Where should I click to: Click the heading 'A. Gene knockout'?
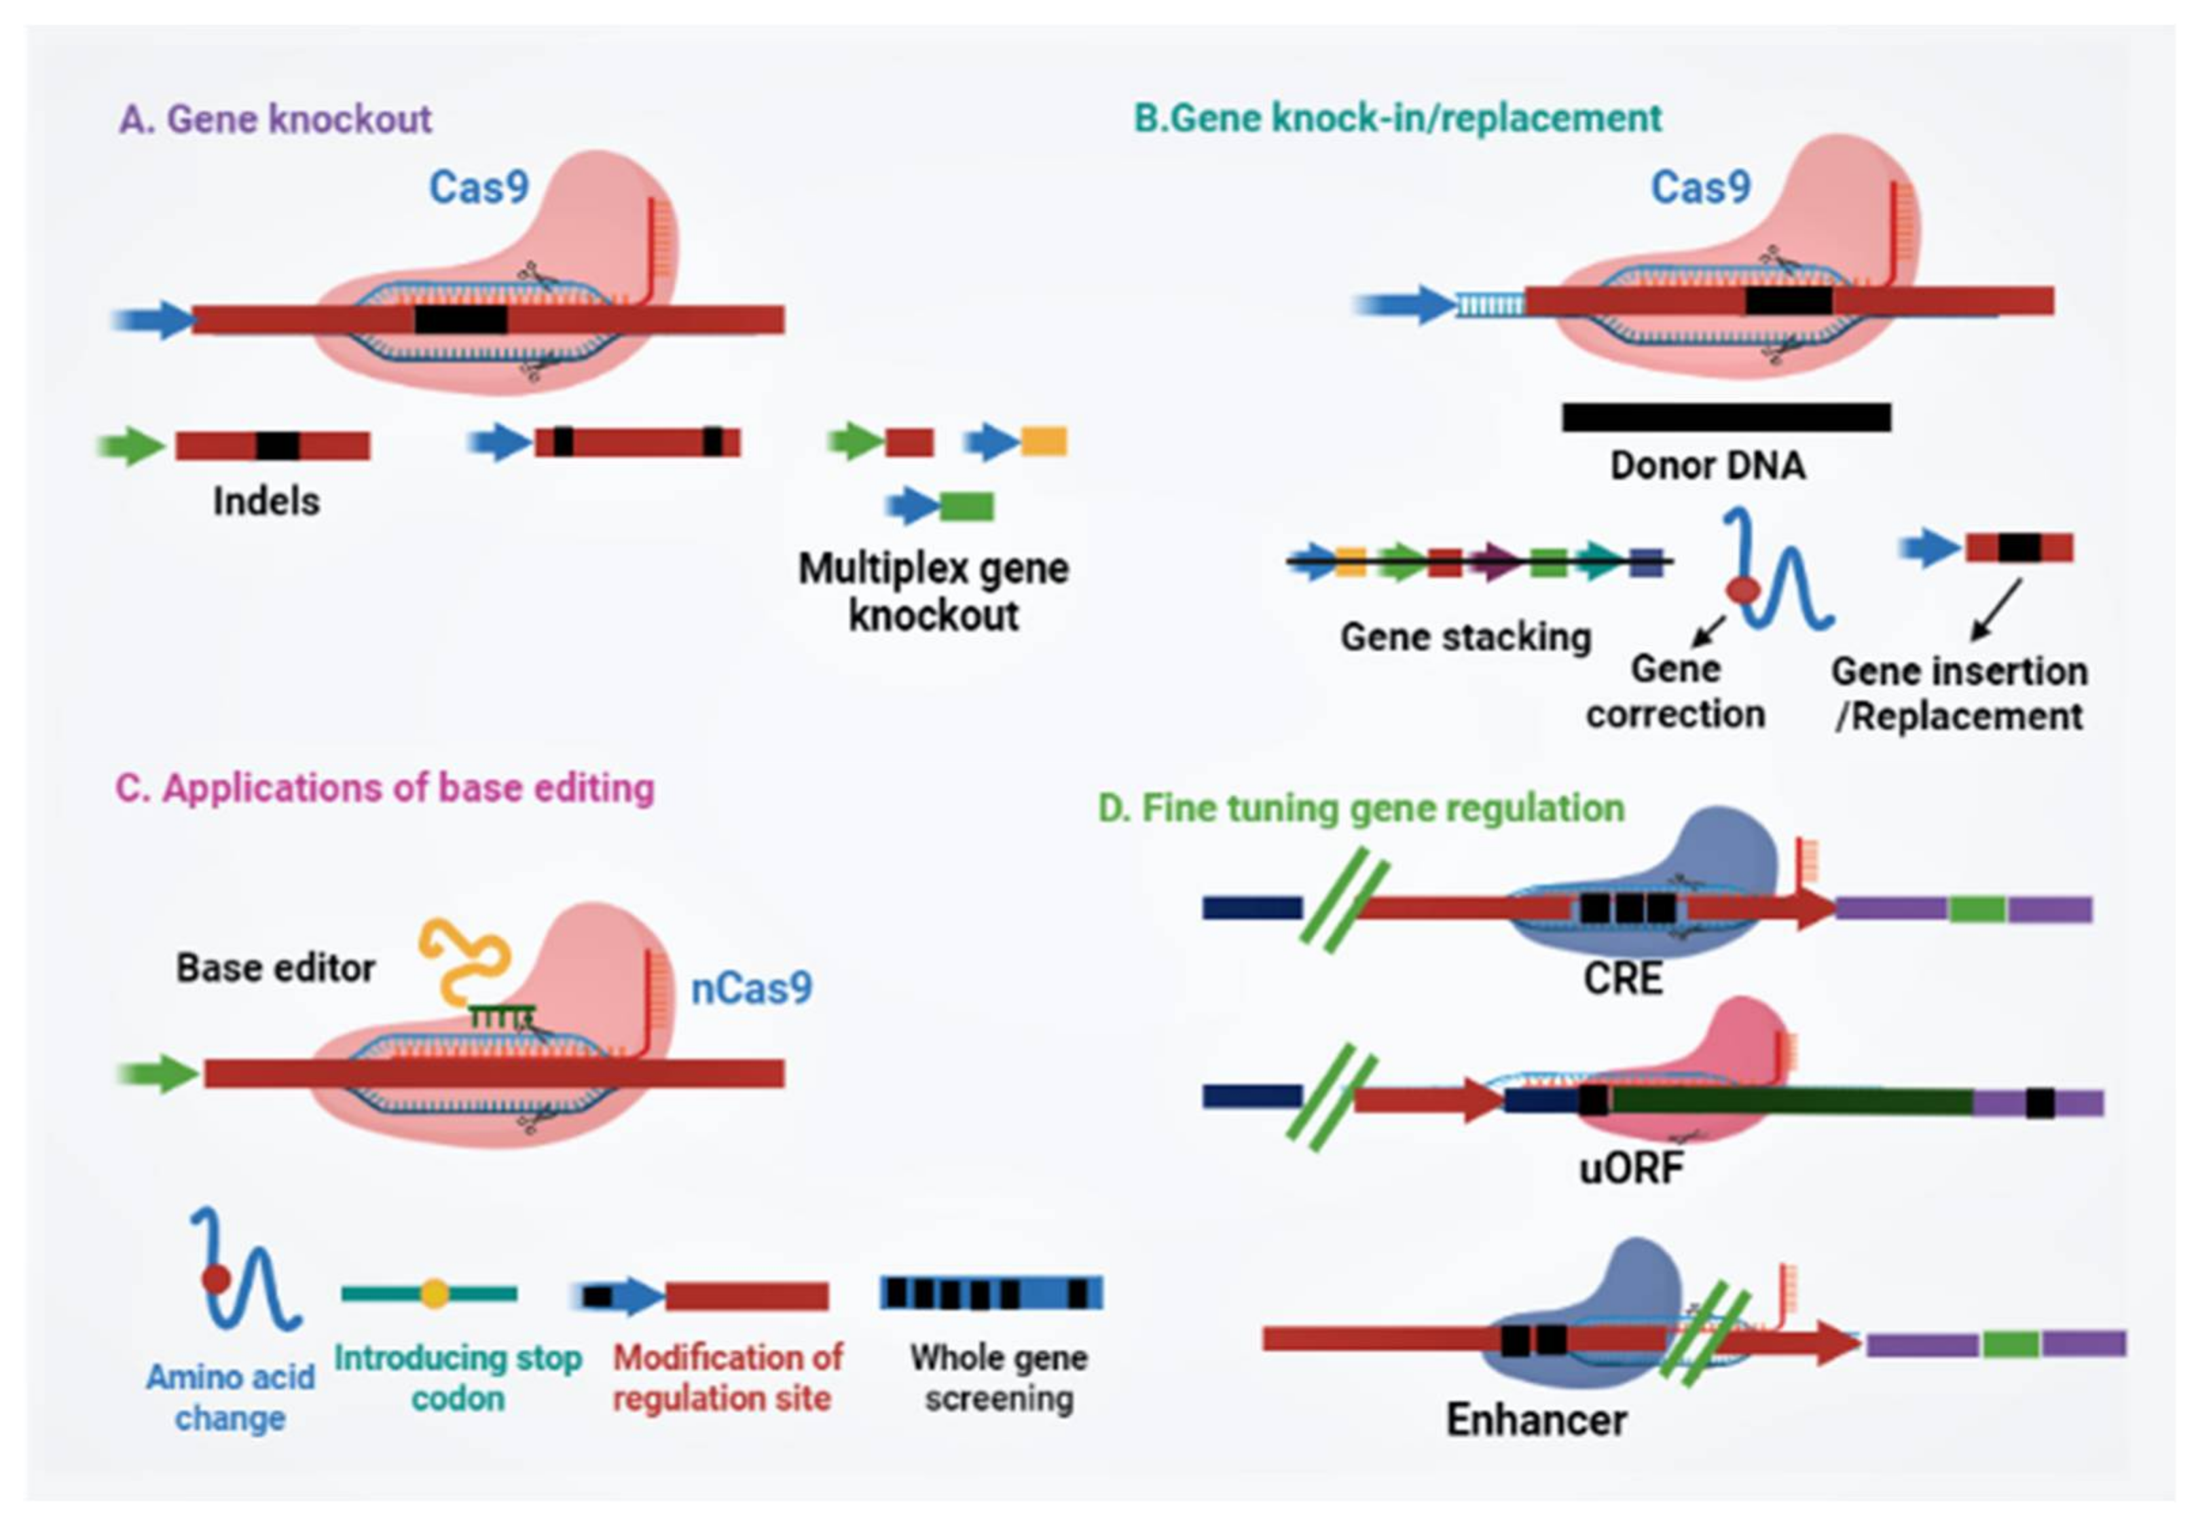pyautogui.click(x=276, y=119)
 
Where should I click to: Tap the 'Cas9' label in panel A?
pyautogui.click(x=478, y=187)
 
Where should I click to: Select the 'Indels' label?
pyautogui.click(x=266, y=501)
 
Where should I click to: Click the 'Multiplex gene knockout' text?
pyautogui.click(x=934, y=591)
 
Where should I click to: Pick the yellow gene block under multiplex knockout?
pyautogui.click(x=1044, y=442)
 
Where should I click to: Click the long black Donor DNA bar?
pyautogui.click(x=1726, y=417)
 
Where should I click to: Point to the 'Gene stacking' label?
pyautogui.click(x=1465, y=637)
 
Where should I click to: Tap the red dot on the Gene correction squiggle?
pyautogui.click(x=1742, y=590)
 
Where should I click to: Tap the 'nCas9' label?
pyautogui.click(x=752, y=988)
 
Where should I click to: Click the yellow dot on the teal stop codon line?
pyautogui.click(x=434, y=1293)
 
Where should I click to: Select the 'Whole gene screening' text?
pyautogui.click(x=999, y=1378)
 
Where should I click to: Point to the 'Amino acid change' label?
pyautogui.click(x=230, y=1397)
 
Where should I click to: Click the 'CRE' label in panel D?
pyautogui.click(x=1623, y=978)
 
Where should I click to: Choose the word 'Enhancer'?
pyautogui.click(x=1536, y=1419)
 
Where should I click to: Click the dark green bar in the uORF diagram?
pyautogui.click(x=1789, y=1101)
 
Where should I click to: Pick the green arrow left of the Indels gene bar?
pyautogui.click(x=133, y=445)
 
